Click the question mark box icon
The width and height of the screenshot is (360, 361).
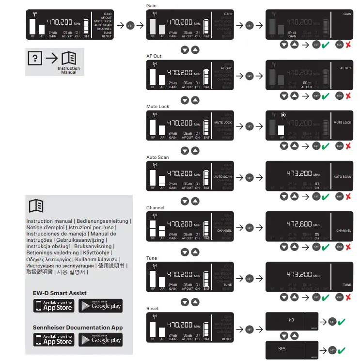(x=34, y=58)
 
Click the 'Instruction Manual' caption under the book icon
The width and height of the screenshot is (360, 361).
(x=69, y=70)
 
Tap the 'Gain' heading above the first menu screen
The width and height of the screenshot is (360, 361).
(x=151, y=5)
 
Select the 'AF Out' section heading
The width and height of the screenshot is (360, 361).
(x=154, y=56)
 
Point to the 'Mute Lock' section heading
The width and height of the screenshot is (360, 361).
(x=157, y=107)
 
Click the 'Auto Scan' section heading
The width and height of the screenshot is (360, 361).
(x=157, y=157)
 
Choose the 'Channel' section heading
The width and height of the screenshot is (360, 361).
(x=155, y=208)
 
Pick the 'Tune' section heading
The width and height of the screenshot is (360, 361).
(x=152, y=258)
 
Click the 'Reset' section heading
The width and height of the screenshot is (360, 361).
(x=153, y=309)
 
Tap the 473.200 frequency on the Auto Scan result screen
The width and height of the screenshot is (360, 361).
(x=299, y=173)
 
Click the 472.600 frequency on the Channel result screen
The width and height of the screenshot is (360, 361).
(x=299, y=224)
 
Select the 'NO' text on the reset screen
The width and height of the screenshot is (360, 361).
(x=291, y=320)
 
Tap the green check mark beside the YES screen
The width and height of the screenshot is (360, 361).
(x=342, y=350)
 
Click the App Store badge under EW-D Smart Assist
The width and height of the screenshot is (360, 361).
(x=53, y=306)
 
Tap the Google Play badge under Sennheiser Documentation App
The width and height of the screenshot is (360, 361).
(x=100, y=340)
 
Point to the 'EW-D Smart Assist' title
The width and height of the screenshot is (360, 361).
(x=60, y=293)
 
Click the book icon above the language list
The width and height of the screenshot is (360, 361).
(x=36, y=206)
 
